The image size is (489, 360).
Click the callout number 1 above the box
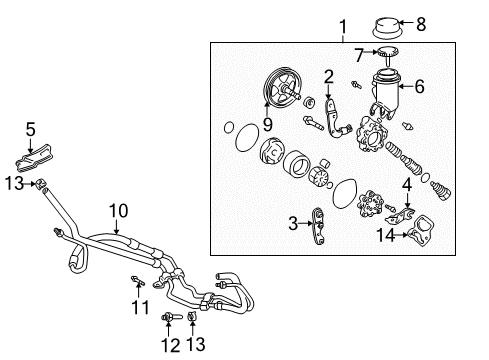coord(343,27)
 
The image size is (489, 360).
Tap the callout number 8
coord(421,24)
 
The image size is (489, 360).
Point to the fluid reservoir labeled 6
coord(385,94)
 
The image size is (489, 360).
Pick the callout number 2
coord(329,77)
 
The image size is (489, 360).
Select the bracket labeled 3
coord(318,226)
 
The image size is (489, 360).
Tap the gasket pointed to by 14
coord(421,231)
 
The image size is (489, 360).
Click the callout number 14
coord(385,235)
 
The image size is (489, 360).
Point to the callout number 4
coord(407,185)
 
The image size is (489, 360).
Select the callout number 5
coord(31,129)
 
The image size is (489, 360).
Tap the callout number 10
coord(119,211)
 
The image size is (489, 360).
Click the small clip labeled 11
coord(137,281)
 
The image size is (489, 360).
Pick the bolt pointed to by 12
coord(171,317)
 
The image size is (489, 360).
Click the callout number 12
coord(170,345)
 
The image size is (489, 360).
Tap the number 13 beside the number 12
coord(196,344)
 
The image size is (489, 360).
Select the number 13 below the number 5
coord(15,183)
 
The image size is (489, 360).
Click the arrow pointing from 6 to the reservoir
coord(406,86)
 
